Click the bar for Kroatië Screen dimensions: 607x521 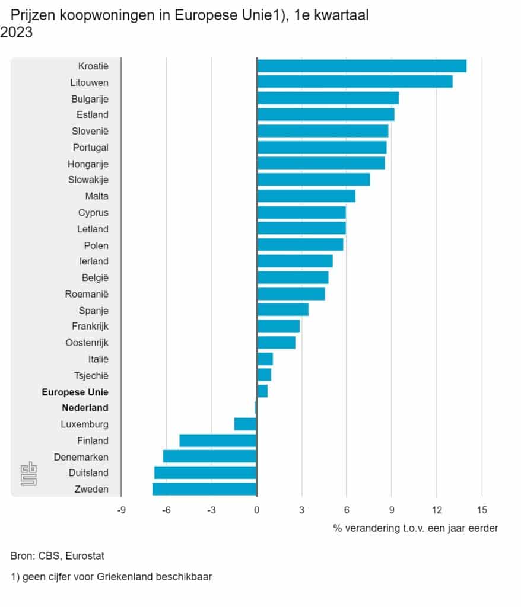pos(361,66)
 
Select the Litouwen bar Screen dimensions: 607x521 pos(354,82)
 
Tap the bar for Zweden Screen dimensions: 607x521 pos(205,489)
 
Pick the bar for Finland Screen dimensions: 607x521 pos(218,440)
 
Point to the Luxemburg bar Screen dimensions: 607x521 pos(246,424)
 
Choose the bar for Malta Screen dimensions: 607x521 pos(306,196)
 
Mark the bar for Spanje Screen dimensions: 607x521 pos(282,310)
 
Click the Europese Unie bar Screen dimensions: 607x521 pos(262,392)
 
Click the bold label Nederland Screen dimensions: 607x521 pos(85,408)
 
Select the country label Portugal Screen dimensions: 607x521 pos(90,148)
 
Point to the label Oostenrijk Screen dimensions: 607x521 pos(87,343)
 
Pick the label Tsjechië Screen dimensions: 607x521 pos(91,375)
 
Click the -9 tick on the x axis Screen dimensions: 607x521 pos(121,510)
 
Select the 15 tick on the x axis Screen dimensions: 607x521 pos(481,510)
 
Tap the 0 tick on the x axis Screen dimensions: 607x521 pos(257,510)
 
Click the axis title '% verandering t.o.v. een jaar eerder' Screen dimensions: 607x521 pos(415,528)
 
